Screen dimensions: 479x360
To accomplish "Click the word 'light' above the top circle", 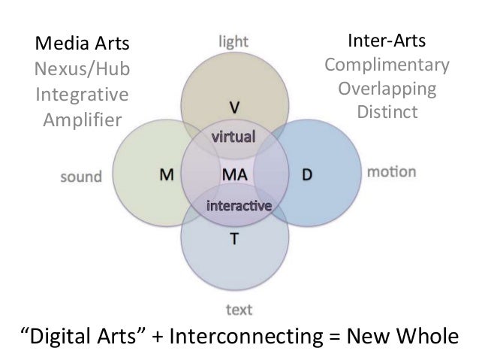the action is [x=233, y=38].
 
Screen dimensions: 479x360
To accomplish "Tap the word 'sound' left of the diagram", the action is [x=80, y=177].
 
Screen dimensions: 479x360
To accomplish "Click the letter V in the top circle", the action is [x=233, y=103].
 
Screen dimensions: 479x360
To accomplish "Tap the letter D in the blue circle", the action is [x=307, y=174].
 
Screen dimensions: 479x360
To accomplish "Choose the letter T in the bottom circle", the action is [x=234, y=242].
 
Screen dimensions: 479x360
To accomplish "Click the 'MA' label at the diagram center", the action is [x=233, y=174].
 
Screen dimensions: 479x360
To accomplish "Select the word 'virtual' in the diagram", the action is [x=234, y=138].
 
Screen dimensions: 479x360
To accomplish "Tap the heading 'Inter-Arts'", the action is [x=387, y=38].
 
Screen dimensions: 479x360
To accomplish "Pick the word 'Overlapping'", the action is [x=387, y=89].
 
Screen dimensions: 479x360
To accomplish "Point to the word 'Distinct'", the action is [x=387, y=114].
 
